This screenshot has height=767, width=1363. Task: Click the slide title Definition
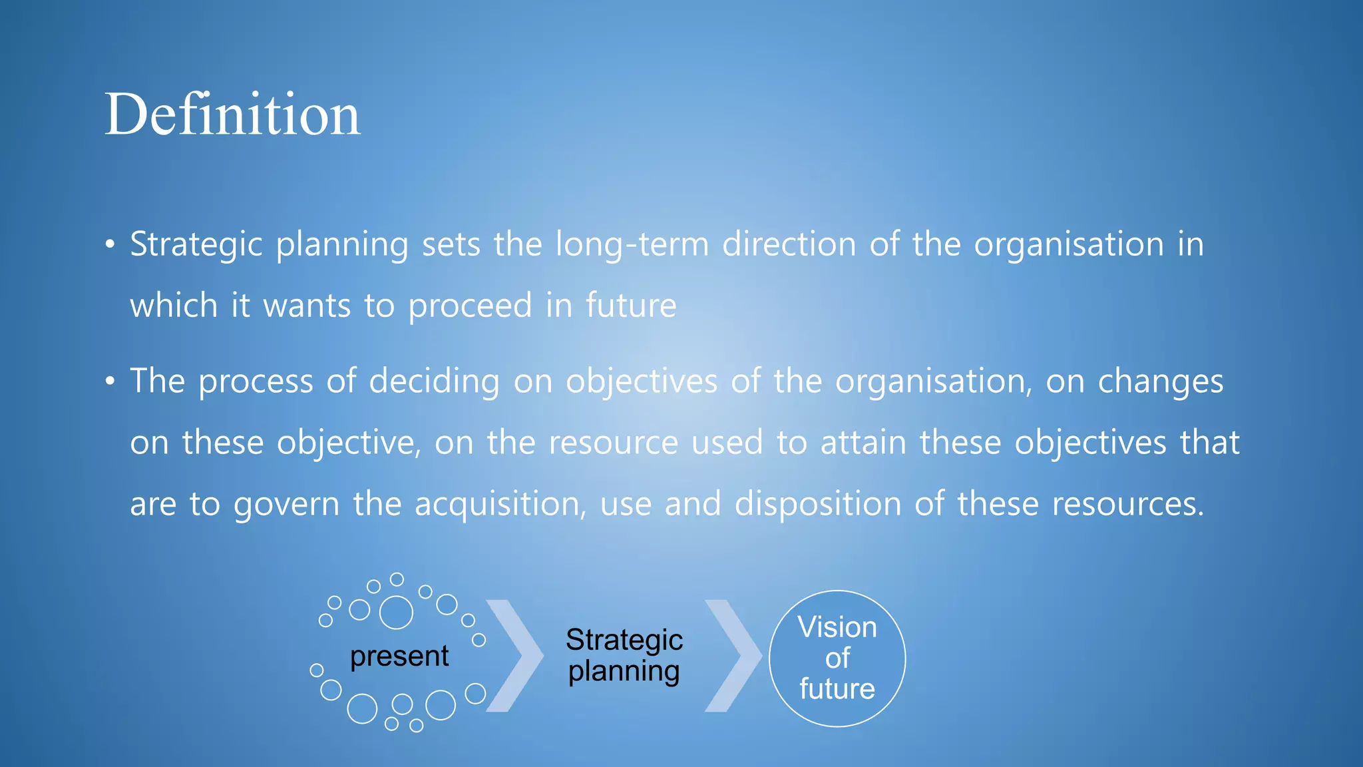click(232, 115)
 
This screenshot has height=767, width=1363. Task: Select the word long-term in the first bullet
click(632, 244)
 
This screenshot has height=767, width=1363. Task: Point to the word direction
click(789, 244)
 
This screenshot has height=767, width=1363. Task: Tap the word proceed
click(470, 306)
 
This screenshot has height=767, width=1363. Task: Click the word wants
click(307, 306)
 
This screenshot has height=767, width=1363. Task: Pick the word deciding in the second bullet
click(434, 382)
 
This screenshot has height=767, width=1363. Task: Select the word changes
click(1160, 382)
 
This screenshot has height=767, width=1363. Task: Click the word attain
click(863, 443)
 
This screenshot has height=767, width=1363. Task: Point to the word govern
click(286, 505)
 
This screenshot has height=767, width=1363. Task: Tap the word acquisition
click(500, 504)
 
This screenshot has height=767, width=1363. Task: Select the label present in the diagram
click(399, 656)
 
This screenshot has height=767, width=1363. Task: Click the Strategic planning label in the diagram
click(624, 655)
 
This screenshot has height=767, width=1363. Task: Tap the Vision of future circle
click(837, 658)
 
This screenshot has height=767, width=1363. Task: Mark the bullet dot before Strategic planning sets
click(110, 244)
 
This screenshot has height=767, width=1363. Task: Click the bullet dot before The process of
click(110, 382)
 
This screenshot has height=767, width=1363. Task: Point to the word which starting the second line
click(174, 306)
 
